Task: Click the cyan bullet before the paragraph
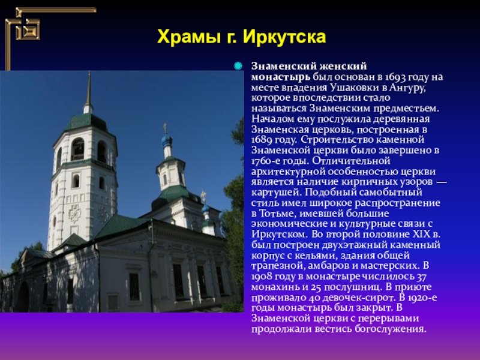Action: tap(238, 66)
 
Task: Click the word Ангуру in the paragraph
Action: tap(407, 88)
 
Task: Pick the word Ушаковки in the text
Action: tap(354, 88)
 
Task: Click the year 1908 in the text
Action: tap(262, 277)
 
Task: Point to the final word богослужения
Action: tap(391, 329)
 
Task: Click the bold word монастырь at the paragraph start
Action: tap(281, 77)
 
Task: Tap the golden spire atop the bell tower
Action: tap(88, 88)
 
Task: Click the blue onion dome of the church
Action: tap(167, 140)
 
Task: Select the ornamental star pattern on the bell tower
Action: tap(74, 214)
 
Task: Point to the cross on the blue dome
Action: tap(166, 127)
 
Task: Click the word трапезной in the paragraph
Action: tap(277, 266)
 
